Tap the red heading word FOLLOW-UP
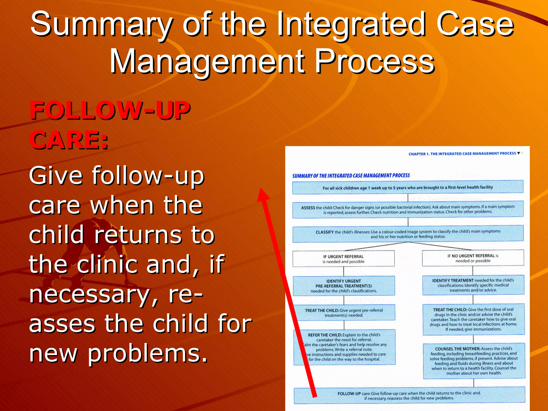pos(110,110)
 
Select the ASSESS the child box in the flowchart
pos(408,209)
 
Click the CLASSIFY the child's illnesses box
pos(408,234)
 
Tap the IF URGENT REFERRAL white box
pos(343,259)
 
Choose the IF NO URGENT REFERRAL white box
pos(473,258)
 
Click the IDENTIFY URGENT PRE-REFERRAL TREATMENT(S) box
pos(344,286)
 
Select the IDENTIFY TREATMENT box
pos(473,285)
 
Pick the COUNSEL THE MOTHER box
pos(474,361)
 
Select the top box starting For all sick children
pos(408,187)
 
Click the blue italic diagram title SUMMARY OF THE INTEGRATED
pos(351,176)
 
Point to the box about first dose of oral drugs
pos(473,319)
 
